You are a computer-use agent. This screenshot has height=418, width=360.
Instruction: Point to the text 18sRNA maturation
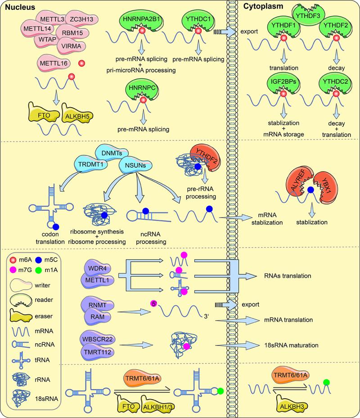pyautogui.click(x=289, y=345)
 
